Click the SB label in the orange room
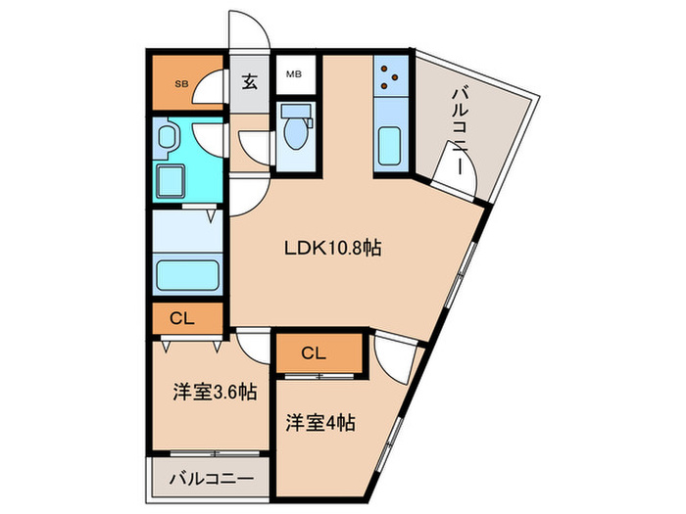[181, 84]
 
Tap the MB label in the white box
[294, 74]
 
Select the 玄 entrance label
[249, 82]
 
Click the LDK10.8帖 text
[332, 249]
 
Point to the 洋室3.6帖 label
[215, 392]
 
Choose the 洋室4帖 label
[320, 423]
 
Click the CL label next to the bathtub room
[182, 318]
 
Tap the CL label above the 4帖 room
[314, 352]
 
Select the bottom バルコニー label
[212, 479]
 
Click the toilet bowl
[296, 132]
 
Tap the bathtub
[187, 275]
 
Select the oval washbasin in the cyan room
[167, 137]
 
